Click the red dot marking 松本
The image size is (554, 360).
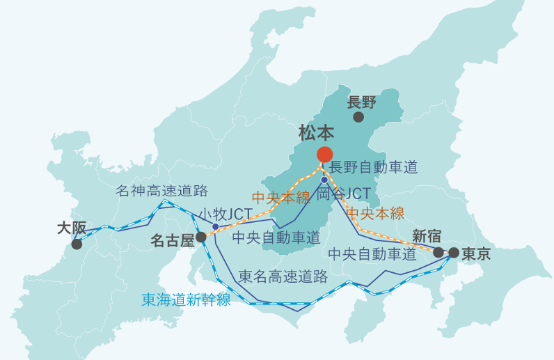(324, 155)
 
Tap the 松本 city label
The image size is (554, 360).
(317, 132)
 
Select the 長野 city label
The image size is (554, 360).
(361, 102)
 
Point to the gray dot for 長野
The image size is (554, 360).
(358, 117)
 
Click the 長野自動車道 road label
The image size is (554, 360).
(373, 167)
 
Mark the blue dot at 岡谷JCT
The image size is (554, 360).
(324, 180)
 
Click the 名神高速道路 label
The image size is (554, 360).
(161, 191)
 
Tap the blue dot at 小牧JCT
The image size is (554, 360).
(216, 227)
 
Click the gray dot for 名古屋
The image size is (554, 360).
(201, 237)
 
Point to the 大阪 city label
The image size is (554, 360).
(72, 228)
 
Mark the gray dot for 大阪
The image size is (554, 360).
(77, 244)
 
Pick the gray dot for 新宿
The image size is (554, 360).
(438, 252)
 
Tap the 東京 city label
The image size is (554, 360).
(476, 253)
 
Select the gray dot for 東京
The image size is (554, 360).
(454, 252)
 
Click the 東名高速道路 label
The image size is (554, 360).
(283, 276)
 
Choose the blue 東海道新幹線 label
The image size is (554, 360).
(186, 299)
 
